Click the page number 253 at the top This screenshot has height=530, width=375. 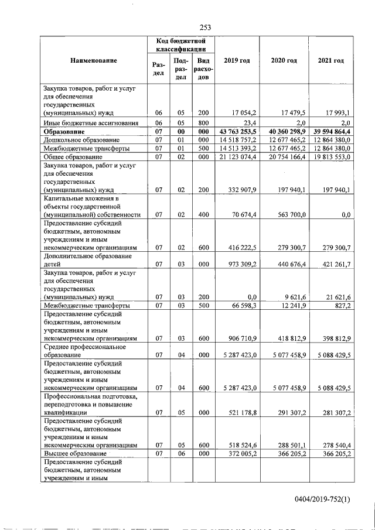point(205,27)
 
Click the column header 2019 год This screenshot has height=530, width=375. point(237,61)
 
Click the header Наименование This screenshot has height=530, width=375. point(93,61)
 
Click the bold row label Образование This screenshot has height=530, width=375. point(64,132)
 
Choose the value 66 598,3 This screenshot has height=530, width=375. point(243,306)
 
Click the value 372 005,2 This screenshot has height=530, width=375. point(240,453)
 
